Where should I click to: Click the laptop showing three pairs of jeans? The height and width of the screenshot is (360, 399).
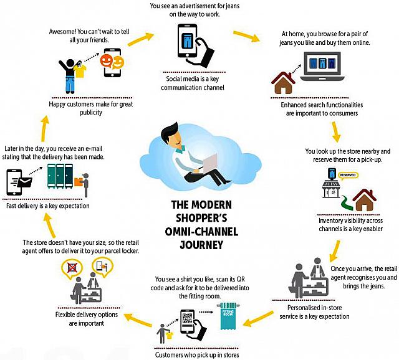coord(322,67)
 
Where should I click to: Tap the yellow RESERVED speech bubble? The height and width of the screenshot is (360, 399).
coord(348,175)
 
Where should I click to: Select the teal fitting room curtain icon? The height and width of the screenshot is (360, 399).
coord(228,316)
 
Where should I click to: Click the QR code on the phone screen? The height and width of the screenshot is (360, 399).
coord(187,318)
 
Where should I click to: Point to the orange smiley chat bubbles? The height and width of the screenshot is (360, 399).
coord(112,62)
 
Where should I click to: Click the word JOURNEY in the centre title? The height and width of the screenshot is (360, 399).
coord(201,245)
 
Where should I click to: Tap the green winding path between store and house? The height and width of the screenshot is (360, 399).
coord(347,202)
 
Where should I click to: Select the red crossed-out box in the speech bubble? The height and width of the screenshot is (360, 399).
coord(72,267)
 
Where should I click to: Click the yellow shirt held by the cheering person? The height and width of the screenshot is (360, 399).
coord(80,72)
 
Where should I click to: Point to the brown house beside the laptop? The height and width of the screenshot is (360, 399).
coord(283,83)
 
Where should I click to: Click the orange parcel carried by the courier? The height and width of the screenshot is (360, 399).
coord(79,181)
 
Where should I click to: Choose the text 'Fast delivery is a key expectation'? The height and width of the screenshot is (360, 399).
coord(48,206)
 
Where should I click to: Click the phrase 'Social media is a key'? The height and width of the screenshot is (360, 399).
coord(193,79)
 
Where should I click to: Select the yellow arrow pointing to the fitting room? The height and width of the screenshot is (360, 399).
coord(258,318)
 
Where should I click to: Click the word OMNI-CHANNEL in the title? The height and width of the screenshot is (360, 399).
coord(201,232)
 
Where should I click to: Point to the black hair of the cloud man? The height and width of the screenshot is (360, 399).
coord(168,130)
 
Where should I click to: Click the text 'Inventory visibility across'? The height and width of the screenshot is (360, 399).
coord(350,220)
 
